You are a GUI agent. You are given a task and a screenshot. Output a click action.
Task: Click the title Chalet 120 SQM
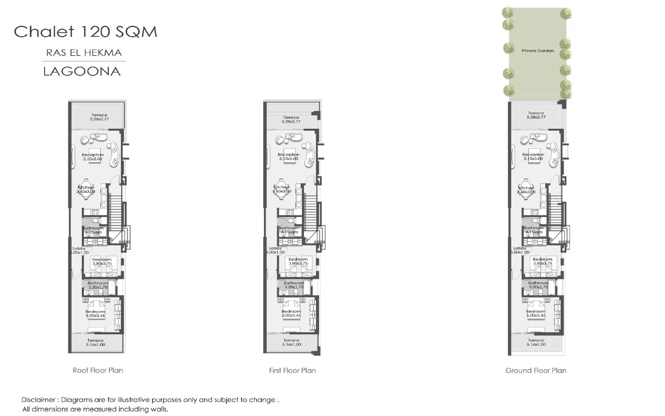point(85,32)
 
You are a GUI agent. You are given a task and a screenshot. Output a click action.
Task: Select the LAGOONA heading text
point(81,71)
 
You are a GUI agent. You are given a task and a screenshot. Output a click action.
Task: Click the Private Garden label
point(538,50)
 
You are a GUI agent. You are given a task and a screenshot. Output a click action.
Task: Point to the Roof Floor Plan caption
point(97,370)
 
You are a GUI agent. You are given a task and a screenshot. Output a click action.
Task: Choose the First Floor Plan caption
point(292,370)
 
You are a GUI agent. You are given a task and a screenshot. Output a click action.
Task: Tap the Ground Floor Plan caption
point(536,370)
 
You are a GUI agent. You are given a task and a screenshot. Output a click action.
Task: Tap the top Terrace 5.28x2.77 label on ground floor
point(536,115)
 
